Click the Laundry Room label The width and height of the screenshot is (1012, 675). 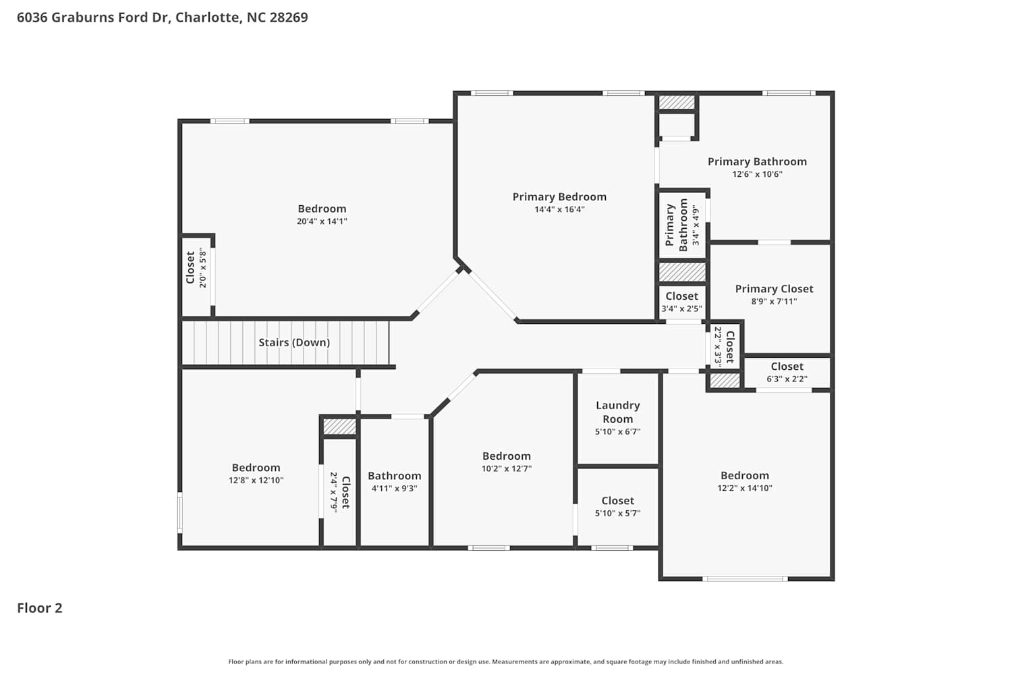click(x=617, y=412)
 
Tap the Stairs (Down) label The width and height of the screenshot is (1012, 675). click(x=294, y=342)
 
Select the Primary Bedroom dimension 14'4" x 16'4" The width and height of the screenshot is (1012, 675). click(x=559, y=209)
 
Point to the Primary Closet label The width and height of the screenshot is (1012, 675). click(x=774, y=288)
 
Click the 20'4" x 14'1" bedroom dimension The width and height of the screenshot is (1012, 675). click(x=322, y=221)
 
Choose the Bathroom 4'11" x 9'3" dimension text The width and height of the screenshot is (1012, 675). click(x=395, y=488)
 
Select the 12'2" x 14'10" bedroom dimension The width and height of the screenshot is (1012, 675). click(x=745, y=488)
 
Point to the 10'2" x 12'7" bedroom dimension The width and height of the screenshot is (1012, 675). click(x=507, y=468)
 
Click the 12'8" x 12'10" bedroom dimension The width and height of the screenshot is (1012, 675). click(x=256, y=480)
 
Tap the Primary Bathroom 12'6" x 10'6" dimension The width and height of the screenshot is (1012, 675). click(x=757, y=174)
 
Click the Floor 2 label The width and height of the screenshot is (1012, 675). click(x=40, y=607)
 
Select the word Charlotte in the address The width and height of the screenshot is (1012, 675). click(x=208, y=17)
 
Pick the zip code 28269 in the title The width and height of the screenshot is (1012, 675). click(x=289, y=17)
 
